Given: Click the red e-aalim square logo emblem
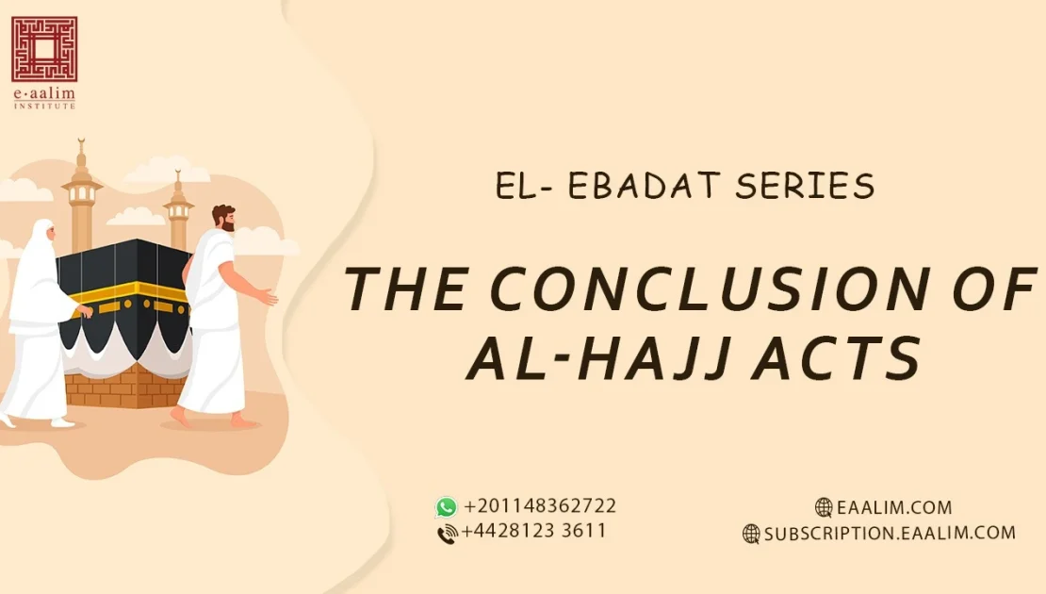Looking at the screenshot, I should pyautogui.click(x=44, y=48).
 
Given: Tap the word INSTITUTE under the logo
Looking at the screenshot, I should pyautogui.click(x=44, y=105).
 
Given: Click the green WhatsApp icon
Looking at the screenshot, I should pyautogui.click(x=446, y=507).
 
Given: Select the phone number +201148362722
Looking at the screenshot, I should pyautogui.click(x=540, y=506).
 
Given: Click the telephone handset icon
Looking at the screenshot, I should pyautogui.click(x=448, y=534).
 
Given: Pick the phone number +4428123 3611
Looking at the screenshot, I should pyautogui.click(x=534, y=531).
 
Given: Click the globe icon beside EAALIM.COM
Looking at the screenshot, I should pyautogui.click(x=825, y=507).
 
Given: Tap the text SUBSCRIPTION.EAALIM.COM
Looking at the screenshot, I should pyautogui.click(x=890, y=533).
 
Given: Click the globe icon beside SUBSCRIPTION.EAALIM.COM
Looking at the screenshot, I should pyautogui.click(x=751, y=534).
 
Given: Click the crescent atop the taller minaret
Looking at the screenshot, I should pyautogui.click(x=82, y=143).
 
